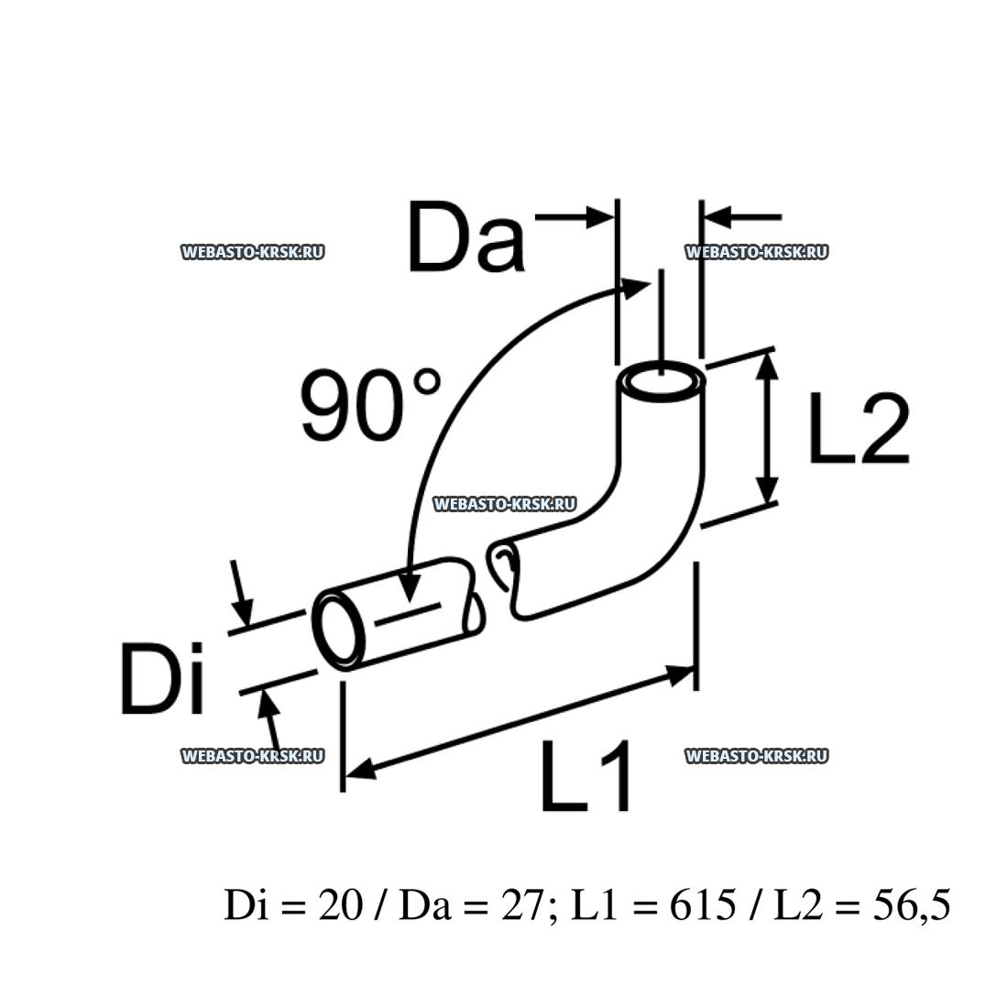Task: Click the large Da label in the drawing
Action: coord(466,236)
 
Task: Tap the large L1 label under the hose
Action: coord(586,776)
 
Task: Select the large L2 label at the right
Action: coord(859,427)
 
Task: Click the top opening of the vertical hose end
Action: coord(661,382)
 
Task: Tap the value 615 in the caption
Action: coord(703,905)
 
